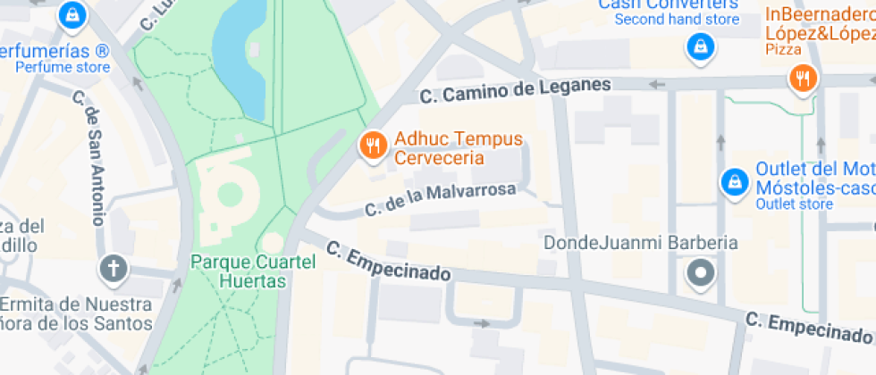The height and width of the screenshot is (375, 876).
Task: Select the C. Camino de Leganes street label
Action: [x=515, y=89]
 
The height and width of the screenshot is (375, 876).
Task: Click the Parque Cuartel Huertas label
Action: [x=254, y=271]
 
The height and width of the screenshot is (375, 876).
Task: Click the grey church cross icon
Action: [x=114, y=268]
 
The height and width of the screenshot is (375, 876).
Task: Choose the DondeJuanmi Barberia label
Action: [x=641, y=243]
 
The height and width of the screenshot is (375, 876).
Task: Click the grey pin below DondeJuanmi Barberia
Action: [x=701, y=272]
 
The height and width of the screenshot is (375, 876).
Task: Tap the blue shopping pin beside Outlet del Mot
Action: [x=734, y=182]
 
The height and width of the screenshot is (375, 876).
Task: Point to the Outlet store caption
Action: [x=794, y=204]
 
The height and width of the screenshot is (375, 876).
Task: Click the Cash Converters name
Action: [x=669, y=4]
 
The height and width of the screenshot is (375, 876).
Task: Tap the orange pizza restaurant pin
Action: [x=804, y=79]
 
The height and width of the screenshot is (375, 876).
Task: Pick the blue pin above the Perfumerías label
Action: [x=72, y=14]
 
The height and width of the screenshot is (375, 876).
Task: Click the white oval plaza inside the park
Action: [x=229, y=194]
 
